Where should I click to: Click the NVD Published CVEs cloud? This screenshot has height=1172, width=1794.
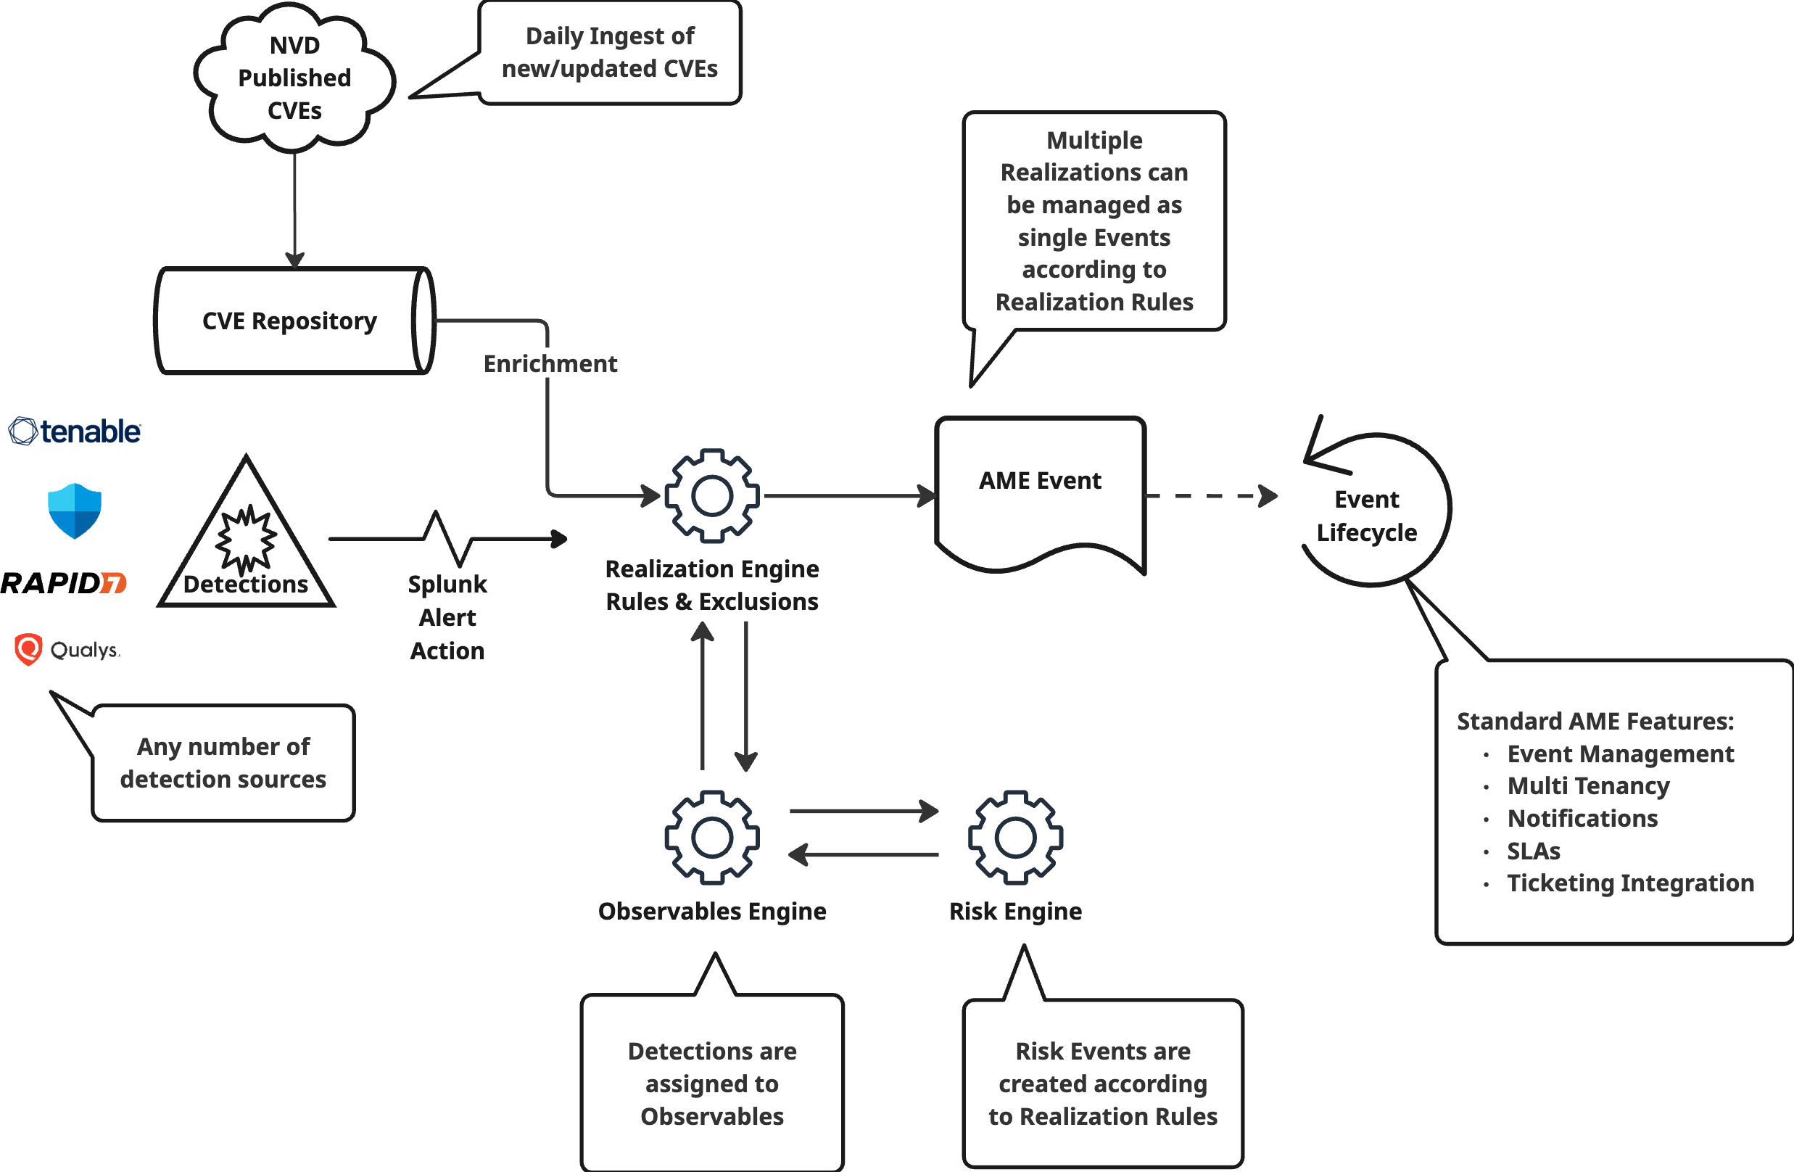tap(294, 77)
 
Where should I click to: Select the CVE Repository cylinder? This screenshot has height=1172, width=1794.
tap(290, 321)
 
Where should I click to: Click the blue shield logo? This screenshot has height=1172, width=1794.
tap(74, 511)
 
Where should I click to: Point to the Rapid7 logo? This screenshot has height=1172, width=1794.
tap(63, 582)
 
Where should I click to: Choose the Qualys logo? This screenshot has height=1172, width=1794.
tap(66, 649)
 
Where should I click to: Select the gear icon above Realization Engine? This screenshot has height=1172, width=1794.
tap(711, 496)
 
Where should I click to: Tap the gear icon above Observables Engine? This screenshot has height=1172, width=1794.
tap(711, 838)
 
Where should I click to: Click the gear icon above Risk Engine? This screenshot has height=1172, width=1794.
tap(1015, 838)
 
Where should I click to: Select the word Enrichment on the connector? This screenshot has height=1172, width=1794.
tap(550, 364)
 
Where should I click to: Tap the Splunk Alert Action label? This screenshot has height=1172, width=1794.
tap(447, 617)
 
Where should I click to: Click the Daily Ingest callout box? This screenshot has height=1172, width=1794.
tap(609, 53)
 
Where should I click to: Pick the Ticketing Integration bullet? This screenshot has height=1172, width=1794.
tap(1629, 883)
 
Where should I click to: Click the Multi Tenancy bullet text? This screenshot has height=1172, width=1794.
tap(1587, 785)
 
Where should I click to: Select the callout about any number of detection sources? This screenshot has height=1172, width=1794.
tap(223, 763)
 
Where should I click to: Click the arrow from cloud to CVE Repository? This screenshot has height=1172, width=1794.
tap(294, 207)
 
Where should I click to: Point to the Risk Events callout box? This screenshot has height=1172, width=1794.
tap(1102, 1083)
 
